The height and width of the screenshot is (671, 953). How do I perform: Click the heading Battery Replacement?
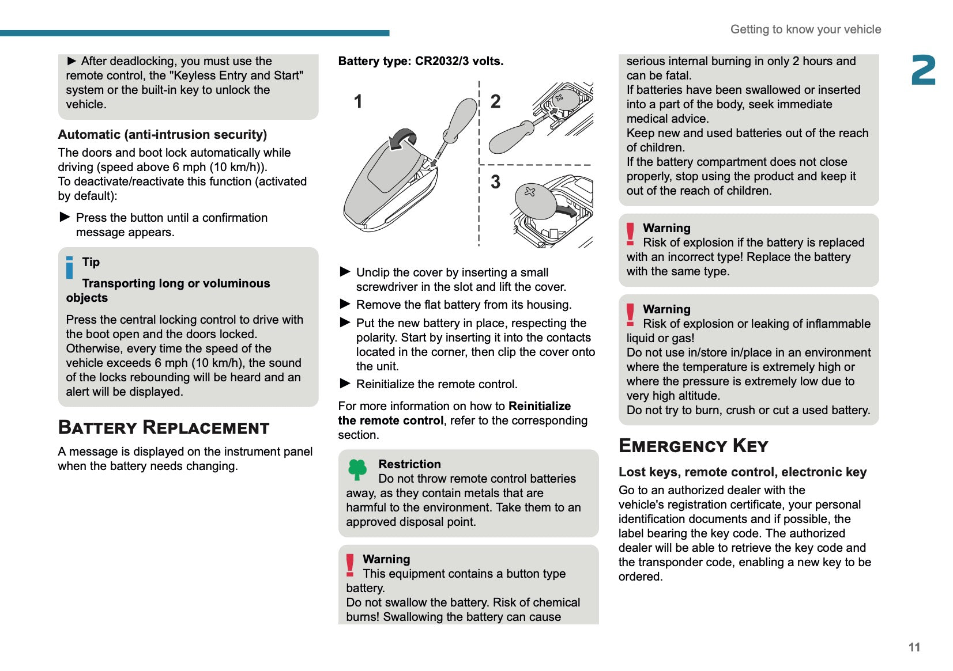click(x=164, y=427)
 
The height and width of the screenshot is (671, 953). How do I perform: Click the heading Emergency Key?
click(x=693, y=446)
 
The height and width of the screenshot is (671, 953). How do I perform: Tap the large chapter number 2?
click(x=923, y=71)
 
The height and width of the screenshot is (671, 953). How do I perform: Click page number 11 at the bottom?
click(x=914, y=647)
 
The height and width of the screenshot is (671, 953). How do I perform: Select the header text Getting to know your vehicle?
click(x=805, y=29)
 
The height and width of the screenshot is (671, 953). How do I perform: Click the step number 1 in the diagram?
click(x=358, y=101)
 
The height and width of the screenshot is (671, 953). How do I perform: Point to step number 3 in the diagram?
click(x=495, y=182)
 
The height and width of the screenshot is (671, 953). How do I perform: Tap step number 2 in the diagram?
click(x=495, y=101)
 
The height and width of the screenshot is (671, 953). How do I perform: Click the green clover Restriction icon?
click(x=357, y=469)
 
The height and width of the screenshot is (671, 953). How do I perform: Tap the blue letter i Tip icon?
click(x=70, y=267)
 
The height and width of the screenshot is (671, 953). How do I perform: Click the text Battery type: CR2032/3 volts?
click(x=420, y=61)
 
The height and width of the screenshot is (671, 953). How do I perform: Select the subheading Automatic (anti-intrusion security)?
click(x=162, y=134)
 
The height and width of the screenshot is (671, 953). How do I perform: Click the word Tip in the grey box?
click(x=91, y=262)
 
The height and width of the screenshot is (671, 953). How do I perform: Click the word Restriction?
click(x=409, y=464)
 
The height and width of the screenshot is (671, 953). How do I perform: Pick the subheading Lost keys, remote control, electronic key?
click(x=743, y=472)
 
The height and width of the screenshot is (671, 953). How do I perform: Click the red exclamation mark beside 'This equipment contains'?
click(x=350, y=565)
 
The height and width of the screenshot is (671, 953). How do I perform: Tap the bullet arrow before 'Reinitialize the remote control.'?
click(x=345, y=384)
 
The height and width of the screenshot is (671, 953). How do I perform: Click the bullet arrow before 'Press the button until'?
click(x=65, y=217)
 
